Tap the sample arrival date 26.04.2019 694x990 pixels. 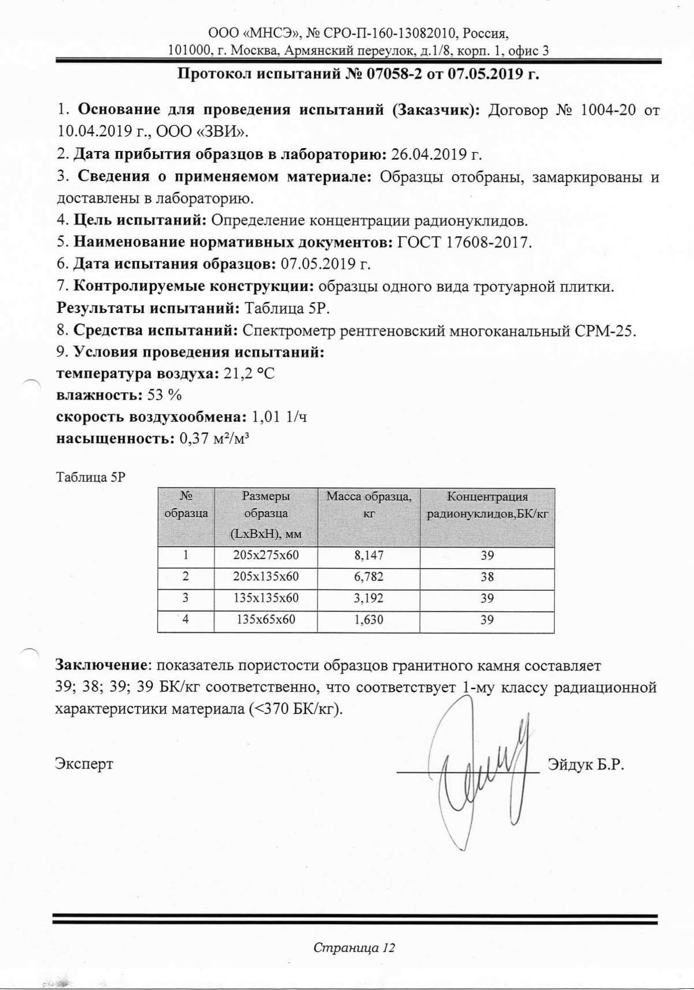click(427, 154)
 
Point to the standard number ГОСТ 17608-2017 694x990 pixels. click(464, 242)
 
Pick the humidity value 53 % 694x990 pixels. click(165, 396)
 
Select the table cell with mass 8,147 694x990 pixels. click(368, 555)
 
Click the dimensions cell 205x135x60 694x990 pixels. click(265, 577)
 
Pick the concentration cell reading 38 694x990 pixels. click(487, 577)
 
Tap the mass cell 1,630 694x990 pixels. click(368, 620)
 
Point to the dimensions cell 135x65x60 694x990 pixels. click(265, 620)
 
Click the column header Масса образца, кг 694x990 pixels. click(368, 504)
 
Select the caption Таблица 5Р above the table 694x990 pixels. click(90, 477)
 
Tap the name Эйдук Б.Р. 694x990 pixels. click(585, 764)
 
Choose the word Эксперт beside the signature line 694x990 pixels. click(84, 764)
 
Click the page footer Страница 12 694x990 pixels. click(354, 948)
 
